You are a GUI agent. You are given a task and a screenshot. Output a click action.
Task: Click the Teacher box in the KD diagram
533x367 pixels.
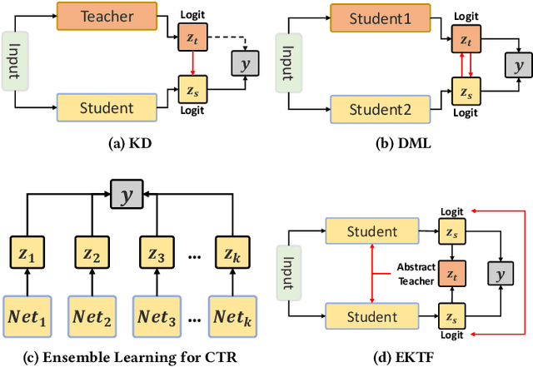tap(107, 15)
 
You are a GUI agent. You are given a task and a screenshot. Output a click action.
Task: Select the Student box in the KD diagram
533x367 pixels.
tap(107, 107)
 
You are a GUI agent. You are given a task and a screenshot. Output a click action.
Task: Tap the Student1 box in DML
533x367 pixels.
tap(381, 15)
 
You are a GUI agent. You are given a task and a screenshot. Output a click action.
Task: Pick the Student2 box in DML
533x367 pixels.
tap(381, 107)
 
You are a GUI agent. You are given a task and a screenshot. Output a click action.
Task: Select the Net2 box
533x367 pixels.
tap(92, 316)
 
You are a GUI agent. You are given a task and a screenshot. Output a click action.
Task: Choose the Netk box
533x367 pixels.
tap(231, 316)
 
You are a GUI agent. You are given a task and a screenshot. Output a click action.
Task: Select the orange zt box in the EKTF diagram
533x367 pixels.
tap(454, 272)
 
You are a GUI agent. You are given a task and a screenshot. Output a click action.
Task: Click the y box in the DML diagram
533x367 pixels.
tap(519, 62)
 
